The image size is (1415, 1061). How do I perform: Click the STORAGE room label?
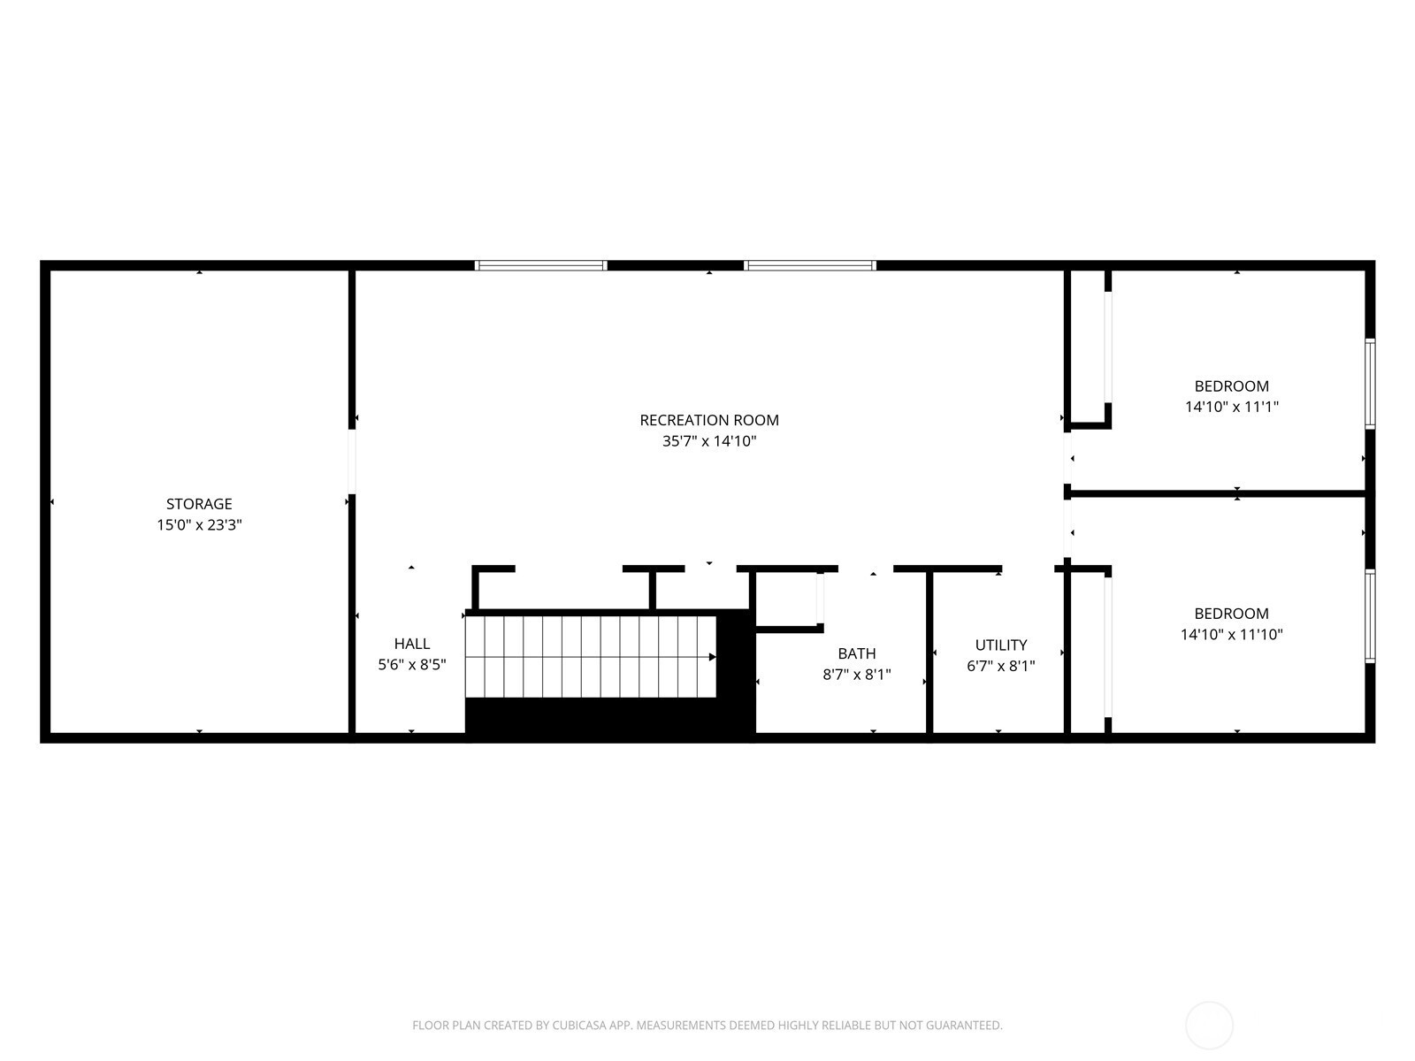pos(199,504)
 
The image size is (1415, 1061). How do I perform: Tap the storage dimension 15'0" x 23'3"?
pos(199,524)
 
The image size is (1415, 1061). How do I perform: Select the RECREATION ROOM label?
pos(709,420)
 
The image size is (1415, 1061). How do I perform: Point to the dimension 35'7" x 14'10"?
pos(709,440)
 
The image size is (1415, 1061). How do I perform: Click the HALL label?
pos(412,644)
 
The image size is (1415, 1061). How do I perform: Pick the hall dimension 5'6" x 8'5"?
pos(412,664)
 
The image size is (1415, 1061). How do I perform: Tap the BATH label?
pos(857,653)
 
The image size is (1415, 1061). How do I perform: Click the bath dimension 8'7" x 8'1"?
pos(857,674)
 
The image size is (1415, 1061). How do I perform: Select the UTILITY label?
pos(1001,645)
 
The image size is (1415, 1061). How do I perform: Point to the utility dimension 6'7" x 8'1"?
pos(1001,666)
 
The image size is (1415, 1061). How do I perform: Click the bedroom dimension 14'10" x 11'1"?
pos(1232,407)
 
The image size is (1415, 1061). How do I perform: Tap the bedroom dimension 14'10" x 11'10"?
pos(1232,634)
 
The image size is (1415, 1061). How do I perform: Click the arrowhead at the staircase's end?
pos(712,657)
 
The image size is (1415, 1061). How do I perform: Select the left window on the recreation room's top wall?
pos(541,265)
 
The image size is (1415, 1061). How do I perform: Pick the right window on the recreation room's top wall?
pos(810,265)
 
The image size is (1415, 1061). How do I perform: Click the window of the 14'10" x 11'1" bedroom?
pos(1371,384)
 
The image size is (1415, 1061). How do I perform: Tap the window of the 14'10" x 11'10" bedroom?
pos(1371,616)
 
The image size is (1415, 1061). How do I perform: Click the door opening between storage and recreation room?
pos(352,462)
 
